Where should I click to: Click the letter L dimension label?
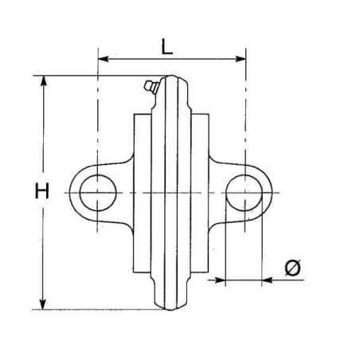167,47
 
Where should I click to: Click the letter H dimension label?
42,190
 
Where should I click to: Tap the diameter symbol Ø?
292,267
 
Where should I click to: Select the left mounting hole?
98,193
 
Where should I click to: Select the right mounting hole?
245,193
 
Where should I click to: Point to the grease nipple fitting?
151,87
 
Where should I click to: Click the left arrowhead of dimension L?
104,59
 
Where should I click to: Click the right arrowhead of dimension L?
241,59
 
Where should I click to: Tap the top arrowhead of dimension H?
43,81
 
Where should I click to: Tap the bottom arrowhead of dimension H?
43,304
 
